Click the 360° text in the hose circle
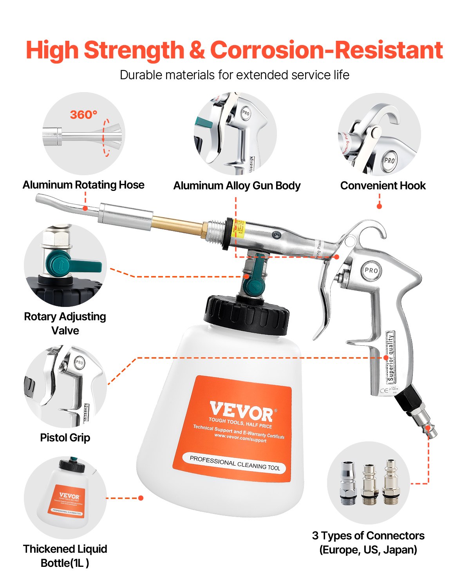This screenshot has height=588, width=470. (x=83, y=114)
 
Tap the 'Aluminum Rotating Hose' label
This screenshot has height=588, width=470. (x=83, y=185)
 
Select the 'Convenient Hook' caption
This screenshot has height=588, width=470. (x=383, y=186)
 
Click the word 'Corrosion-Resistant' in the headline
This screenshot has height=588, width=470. (x=326, y=50)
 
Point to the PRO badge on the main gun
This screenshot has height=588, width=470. (x=371, y=270)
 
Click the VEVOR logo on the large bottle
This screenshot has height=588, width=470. (x=241, y=412)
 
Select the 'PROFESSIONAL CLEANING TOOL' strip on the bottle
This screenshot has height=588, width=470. (x=235, y=463)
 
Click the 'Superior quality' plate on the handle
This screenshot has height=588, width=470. (x=391, y=357)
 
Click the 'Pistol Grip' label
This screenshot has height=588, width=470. (x=65, y=438)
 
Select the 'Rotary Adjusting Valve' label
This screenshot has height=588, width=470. (x=65, y=323)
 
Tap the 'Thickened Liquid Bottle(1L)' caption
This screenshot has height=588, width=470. (x=65, y=556)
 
